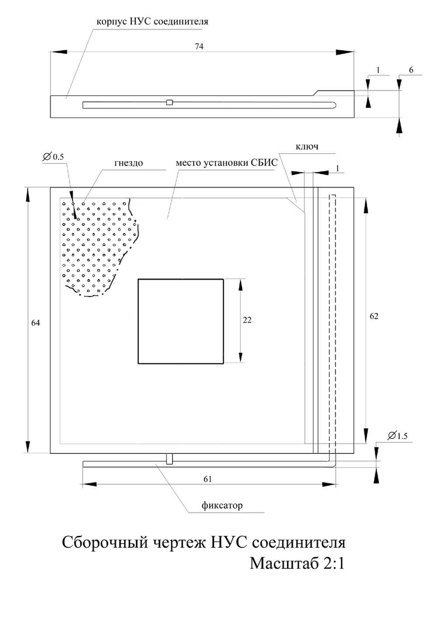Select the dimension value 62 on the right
374,317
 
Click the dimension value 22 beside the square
247,320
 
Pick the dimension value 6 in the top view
411,70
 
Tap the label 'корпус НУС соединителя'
152,22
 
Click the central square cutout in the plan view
180,321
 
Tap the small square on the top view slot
170,103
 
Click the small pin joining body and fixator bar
170,459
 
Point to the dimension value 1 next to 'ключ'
338,169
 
